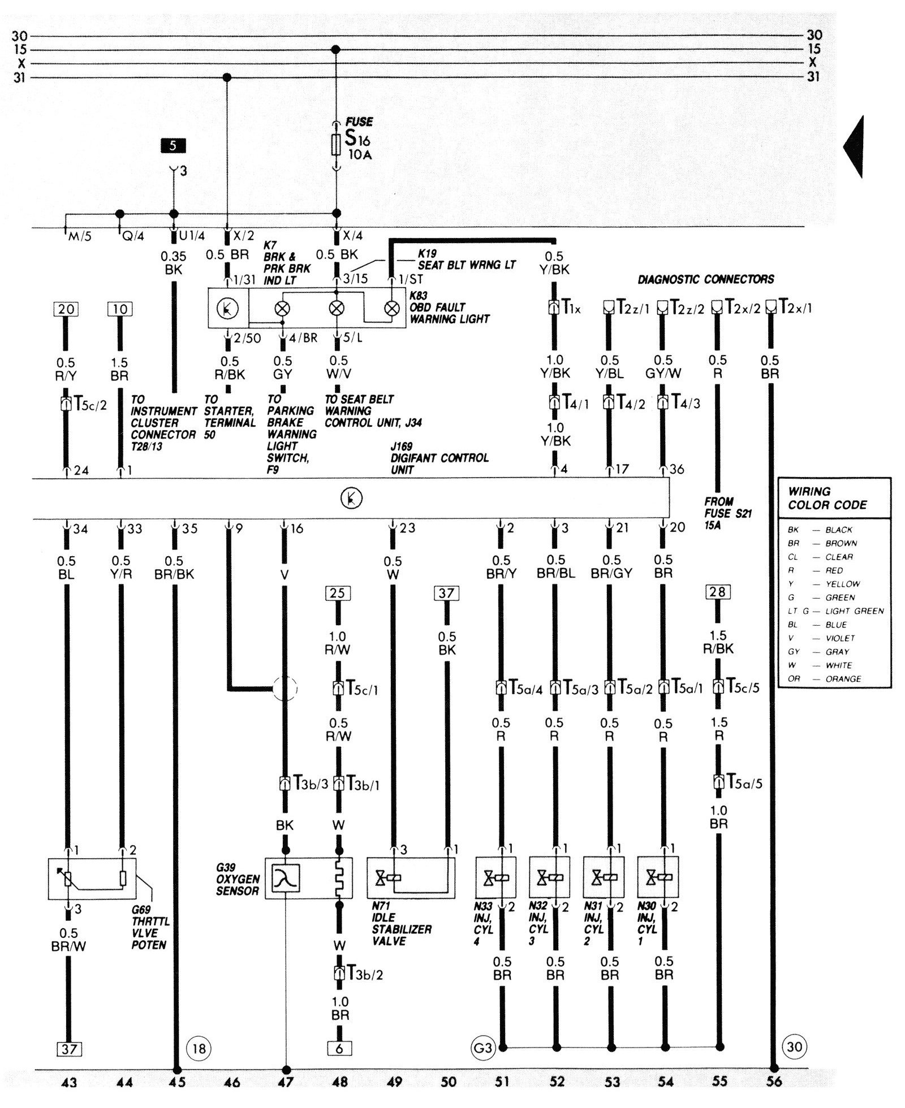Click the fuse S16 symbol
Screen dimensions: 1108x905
click(x=335, y=145)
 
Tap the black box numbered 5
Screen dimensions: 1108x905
click(x=173, y=146)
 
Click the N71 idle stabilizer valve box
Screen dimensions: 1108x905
click(x=411, y=878)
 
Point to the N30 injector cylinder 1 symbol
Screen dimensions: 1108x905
click(x=658, y=877)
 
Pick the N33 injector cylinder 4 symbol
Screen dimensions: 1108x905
click(x=496, y=877)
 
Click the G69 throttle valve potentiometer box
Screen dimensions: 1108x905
click(x=92, y=878)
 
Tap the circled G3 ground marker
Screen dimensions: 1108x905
click(x=482, y=1048)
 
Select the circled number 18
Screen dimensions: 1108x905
click(x=199, y=1048)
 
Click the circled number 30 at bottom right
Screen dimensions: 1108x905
click(x=794, y=1046)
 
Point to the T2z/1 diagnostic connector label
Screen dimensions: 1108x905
click(x=632, y=308)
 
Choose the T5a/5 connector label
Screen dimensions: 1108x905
click(x=744, y=783)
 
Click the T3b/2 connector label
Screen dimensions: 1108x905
click(x=364, y=973)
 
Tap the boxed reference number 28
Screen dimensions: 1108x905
click(x=718, y=592)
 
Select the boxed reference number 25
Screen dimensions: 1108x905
click(x=338, y=593)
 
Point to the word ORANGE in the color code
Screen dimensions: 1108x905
click(x=843, y=679)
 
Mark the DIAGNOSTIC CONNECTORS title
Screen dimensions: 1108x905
click(x=706, y=279)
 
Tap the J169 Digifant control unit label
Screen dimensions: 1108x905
click(x=439, y=457)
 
